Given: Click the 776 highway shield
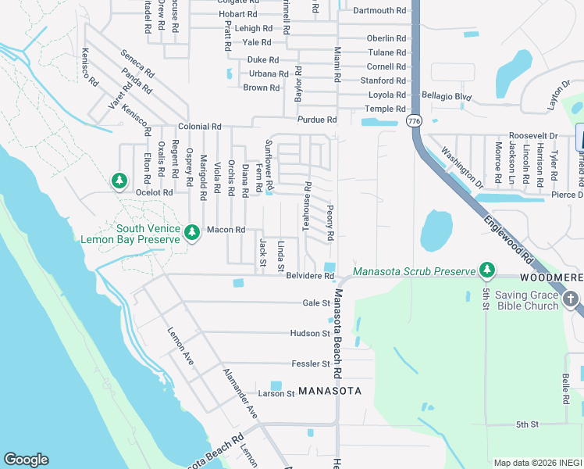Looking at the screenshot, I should coord(413,120).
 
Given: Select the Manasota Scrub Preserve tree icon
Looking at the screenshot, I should coord(486,270).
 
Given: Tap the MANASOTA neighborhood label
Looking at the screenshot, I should coord(330,390).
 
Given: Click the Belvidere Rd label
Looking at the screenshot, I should coord(310,276).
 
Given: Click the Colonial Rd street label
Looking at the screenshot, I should coord(200,126).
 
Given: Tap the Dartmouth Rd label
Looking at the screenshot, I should coord(379,11).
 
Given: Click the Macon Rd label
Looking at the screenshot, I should coord(226,230).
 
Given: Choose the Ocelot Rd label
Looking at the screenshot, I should coord(153,192).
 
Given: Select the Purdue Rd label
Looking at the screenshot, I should coord(316,120).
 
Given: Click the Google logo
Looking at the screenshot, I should coord(26,460).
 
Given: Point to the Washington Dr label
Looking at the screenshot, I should coord(461,167).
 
